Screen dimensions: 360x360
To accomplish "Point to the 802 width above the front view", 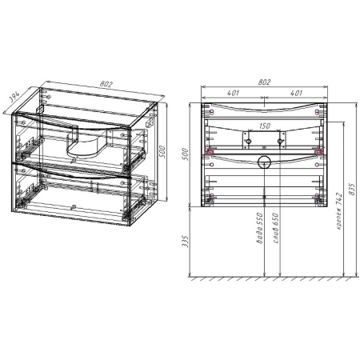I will click(266, 82).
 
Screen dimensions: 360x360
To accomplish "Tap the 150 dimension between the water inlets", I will click(265, 126).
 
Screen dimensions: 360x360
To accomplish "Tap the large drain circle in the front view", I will click(266, 163).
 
